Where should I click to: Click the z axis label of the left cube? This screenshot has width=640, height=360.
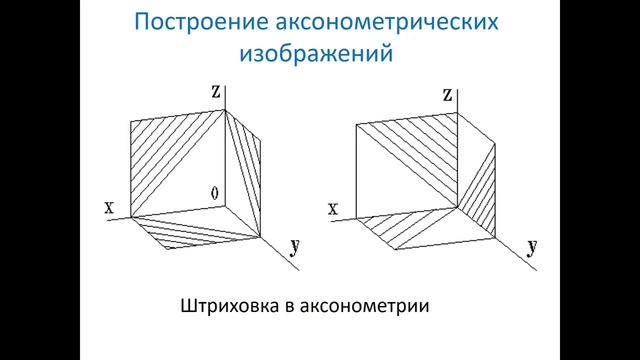215,91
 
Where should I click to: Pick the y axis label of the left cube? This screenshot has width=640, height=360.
295,247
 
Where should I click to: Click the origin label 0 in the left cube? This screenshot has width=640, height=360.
214,191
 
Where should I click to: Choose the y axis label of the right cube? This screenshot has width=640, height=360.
530,248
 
